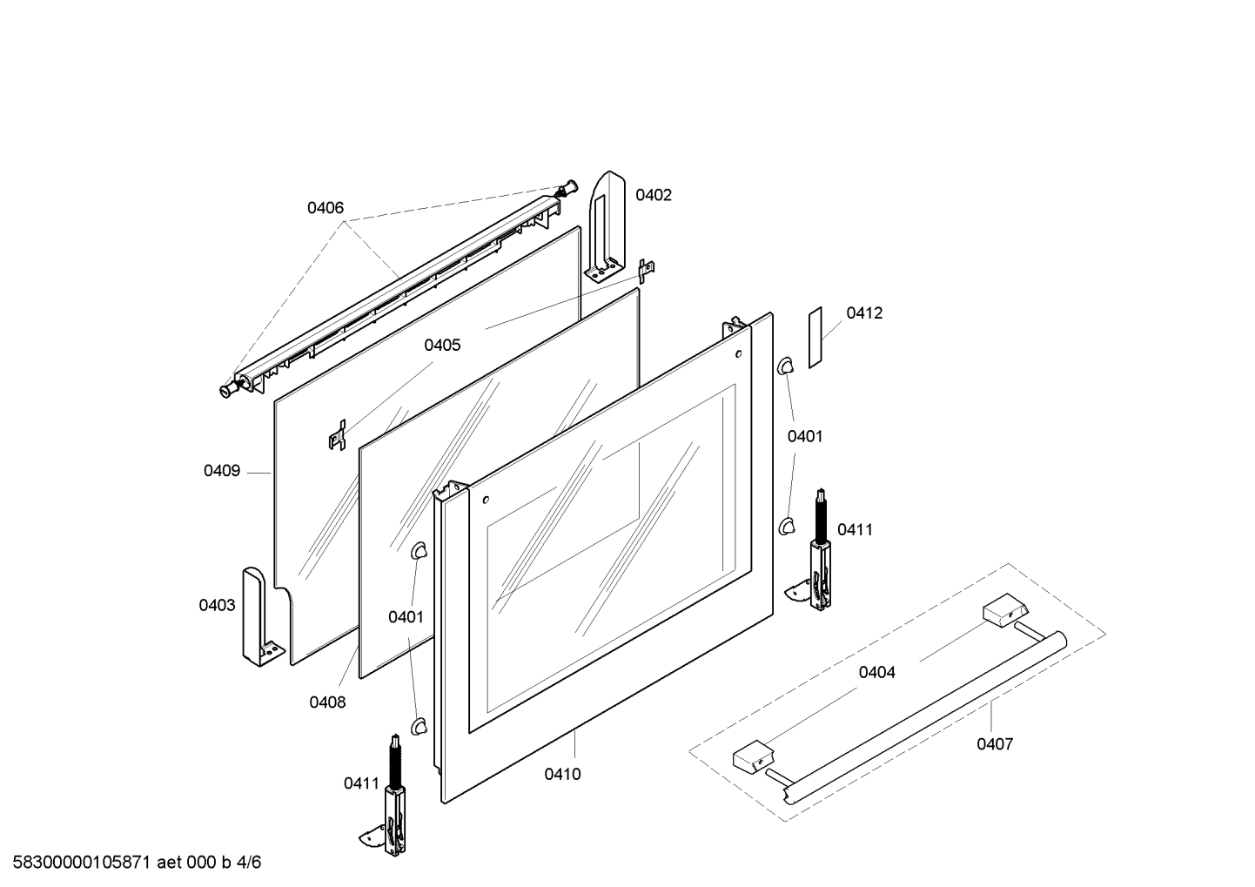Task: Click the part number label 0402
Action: (654, 195)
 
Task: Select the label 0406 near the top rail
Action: (325, 208)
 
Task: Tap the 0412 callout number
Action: (864, 313)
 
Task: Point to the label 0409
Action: (222, 471)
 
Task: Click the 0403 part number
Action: (218, 605)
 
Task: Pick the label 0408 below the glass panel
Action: (328, 702)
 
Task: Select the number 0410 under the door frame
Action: (562, 775)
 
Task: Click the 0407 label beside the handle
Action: (995, 744)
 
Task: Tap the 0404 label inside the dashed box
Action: (877, 672)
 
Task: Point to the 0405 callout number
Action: (443, 346)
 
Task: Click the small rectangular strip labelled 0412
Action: (815, 338)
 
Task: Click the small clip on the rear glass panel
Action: (338, 434)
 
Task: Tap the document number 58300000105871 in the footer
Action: (82, 863)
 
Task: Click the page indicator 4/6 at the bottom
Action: (249, 863)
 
